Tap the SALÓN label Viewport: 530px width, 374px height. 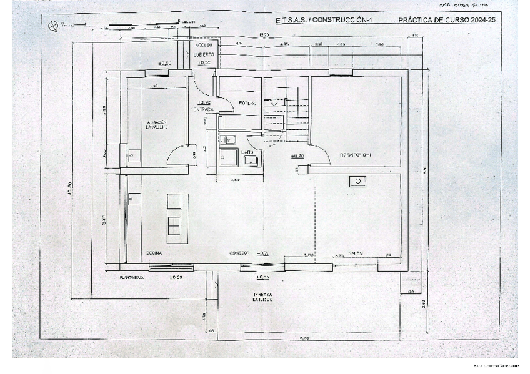coord(356,253)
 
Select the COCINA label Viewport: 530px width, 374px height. coord(154,253)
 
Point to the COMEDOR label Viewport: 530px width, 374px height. coord(239,253)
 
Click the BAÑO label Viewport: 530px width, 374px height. coord(247,152)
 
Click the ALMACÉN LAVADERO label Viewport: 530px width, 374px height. coord(157,125)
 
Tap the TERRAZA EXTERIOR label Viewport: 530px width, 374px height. coord(262,297)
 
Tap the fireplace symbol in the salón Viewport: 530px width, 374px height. coord(357,181)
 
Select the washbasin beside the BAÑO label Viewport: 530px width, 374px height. coord(252,161)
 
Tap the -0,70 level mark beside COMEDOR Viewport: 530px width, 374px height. coord(264,253)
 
